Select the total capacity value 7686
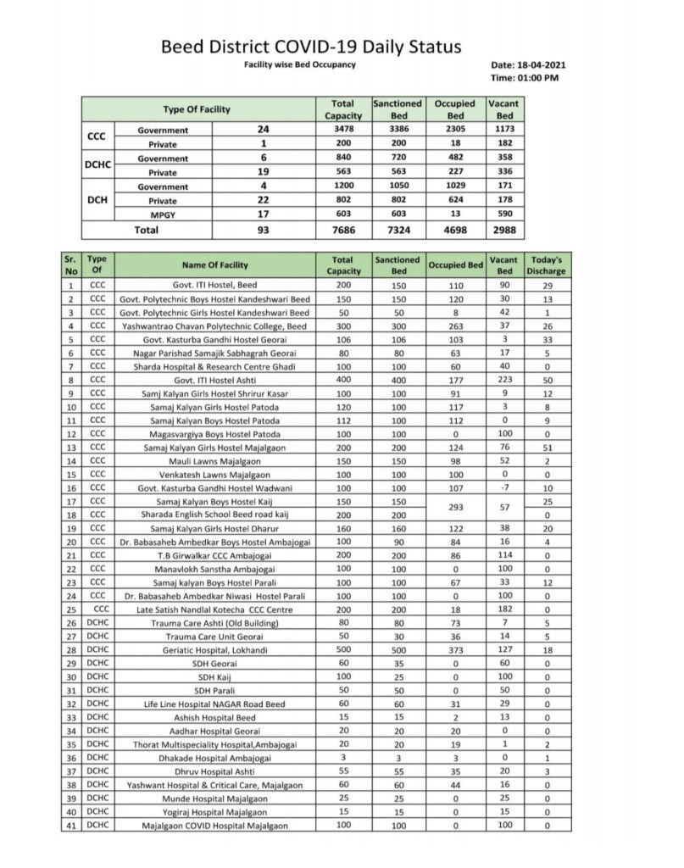[x=342, y=230]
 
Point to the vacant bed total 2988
[x=504, y=230]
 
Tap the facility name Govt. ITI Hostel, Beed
[x=214, y=286]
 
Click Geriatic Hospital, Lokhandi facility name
[x=214, y=650]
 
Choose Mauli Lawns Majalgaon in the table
[x=214, y=461]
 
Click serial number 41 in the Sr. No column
[x=70, y=825]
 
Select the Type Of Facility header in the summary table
[x=197, y=109]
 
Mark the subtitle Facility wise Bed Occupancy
[x=299, y=65]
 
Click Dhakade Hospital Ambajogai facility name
[x=214, y=758]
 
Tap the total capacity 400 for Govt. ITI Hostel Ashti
[x=342, y=381]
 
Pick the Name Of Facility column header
[x=214, y=264]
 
